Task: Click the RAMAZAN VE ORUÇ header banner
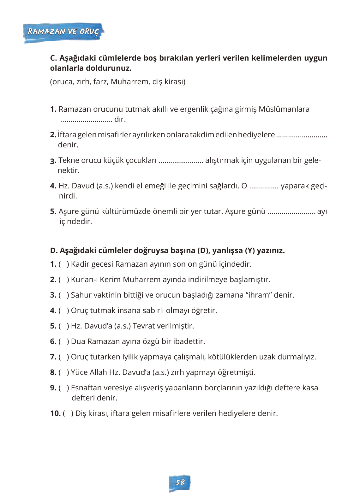tap(63, 32)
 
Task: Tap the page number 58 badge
tap(180, 482)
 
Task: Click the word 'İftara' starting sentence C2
tap(67, 135)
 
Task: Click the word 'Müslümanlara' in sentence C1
tap(284, 109)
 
